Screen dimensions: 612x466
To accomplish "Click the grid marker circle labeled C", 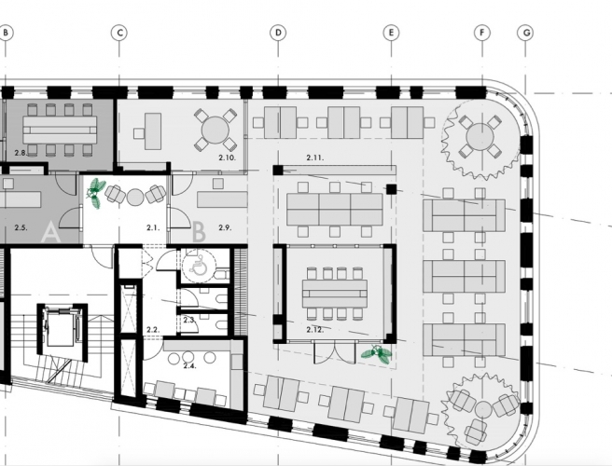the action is click(119, 33).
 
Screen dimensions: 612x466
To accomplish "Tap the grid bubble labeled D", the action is click(278, 33).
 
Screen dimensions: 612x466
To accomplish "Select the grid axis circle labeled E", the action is click(391, 33).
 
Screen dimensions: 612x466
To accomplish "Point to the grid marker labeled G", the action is click(526, 33).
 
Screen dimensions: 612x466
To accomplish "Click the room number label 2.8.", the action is click(21, 153).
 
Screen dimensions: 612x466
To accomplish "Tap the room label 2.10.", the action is click(227, 158).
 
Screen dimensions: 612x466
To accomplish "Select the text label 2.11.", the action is click(314, 158).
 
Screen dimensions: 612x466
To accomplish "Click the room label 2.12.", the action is click(314, 330).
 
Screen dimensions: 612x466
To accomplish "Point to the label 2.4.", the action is click(189, 365).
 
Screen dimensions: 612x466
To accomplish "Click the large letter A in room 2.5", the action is click(50, 232).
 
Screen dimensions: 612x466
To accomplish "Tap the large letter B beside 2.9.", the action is click(199, 232).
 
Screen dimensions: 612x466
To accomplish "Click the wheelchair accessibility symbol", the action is click(199, 267).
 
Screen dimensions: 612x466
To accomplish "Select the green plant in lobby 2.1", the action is click(95, 193).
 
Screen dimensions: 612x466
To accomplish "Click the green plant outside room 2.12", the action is click(376, 354).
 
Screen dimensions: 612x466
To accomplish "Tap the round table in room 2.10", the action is click(216, 130).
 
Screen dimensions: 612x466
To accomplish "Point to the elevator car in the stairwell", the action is click(60, 327).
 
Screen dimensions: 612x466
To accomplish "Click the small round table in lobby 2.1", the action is click(135, 197).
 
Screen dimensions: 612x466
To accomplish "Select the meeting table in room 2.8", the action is click(60, 130).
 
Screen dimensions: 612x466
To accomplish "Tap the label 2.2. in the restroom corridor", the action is click(153, 330).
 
